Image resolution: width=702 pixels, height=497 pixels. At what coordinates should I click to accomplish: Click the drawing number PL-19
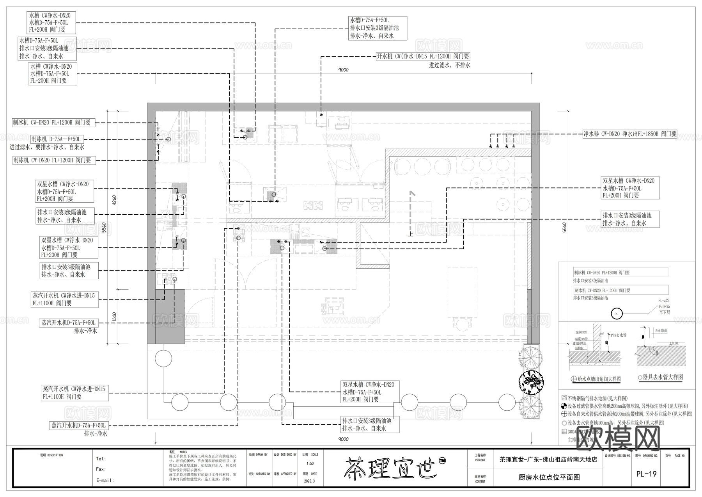tap(646, 474)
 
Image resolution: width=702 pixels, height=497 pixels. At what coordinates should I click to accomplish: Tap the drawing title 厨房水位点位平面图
tap(549, 477)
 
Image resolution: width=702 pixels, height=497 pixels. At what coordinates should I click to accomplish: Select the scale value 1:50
tap(310, 463)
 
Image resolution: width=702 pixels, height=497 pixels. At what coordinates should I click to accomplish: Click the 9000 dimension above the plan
tap(343, 70)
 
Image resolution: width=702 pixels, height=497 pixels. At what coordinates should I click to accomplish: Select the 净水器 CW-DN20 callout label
tap(629, 134)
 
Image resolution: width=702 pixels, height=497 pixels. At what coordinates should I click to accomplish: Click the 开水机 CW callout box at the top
tap(423, 56)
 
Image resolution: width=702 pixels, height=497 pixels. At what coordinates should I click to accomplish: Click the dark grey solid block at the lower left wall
tap(170, 316)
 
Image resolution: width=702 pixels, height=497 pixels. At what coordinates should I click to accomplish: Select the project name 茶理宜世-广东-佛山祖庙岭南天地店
tap(548, 460)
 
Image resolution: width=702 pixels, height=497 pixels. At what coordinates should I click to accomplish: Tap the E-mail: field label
tap(105, 480)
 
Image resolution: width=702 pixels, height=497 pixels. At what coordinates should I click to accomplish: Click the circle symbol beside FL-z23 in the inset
tap(617, 313)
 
